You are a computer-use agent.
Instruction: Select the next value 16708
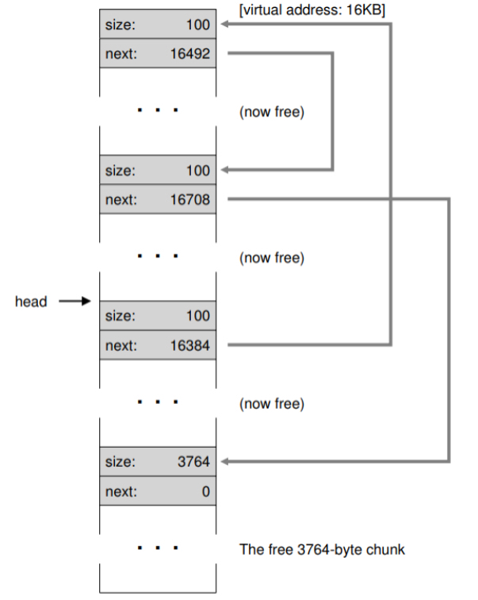pos(190,200)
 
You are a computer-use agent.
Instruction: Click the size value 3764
pos(193,461)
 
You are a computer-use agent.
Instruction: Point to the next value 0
pos(206,491)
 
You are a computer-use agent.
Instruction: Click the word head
pos(31,302)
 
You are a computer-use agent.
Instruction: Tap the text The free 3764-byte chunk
pos(321,549)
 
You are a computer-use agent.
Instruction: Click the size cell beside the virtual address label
pos(157,25)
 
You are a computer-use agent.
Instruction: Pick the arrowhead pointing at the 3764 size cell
pos(224,461)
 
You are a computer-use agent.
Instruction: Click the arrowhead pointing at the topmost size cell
pos(224,25)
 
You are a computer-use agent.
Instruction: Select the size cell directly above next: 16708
pos(157,170)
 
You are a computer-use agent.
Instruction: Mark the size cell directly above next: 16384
pos(157,316)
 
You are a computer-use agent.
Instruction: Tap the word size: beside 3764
pos(120,461)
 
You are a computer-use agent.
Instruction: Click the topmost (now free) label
pos(271,112)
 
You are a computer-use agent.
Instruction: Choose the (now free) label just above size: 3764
pos(271,404)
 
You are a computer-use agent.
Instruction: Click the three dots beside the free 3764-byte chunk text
pos(157,548)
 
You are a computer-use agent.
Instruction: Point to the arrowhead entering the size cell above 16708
pos(224,170)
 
